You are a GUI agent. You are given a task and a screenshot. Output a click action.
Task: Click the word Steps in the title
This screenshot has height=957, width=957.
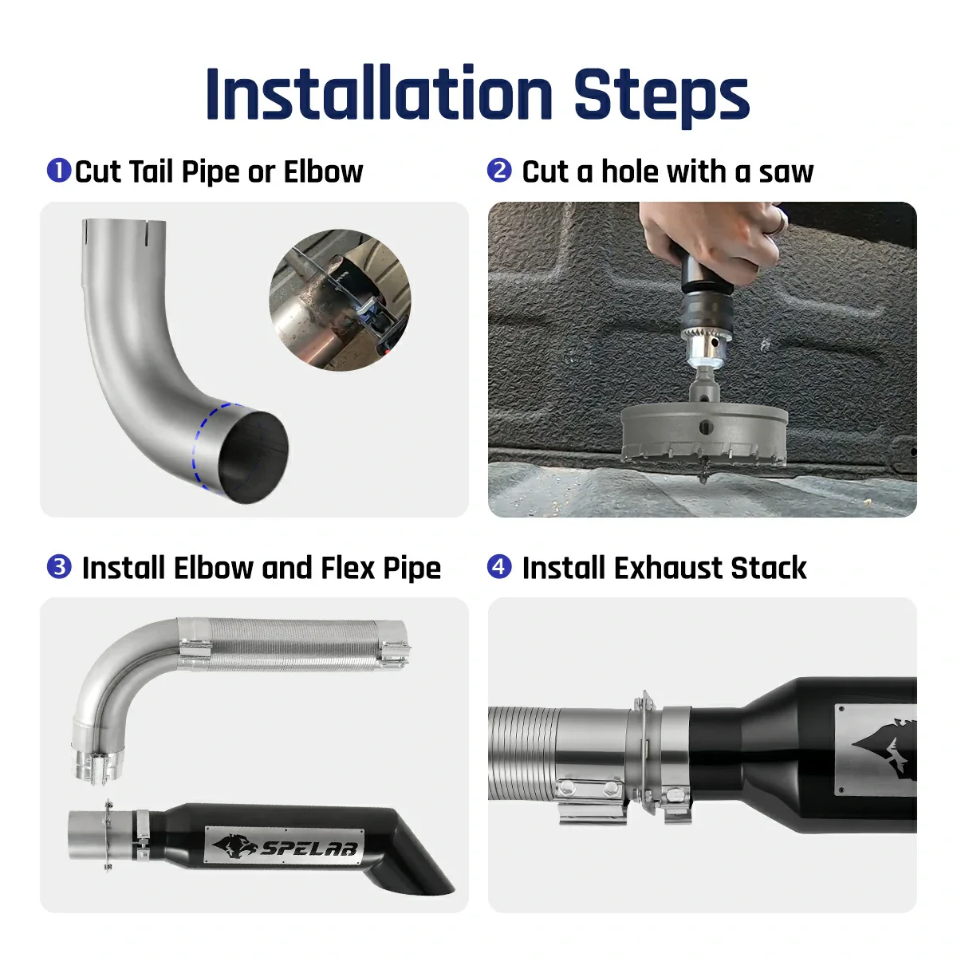click(661, 94)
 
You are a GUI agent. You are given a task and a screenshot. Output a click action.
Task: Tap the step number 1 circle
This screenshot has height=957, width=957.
click(59, 171)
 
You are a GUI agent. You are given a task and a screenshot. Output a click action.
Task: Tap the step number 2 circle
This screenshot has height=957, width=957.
click(499, 171)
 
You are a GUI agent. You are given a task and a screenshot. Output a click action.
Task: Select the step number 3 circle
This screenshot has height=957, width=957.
click(59, 567)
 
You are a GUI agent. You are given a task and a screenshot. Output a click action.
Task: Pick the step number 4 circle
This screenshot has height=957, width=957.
click(499, 567)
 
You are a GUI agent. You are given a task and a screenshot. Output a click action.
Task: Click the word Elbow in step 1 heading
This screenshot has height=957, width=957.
click(323, 171)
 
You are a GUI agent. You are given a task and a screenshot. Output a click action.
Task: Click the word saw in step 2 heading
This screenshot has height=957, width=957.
click(786, 171)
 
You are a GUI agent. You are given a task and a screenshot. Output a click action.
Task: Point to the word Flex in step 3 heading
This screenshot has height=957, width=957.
click(348, 568)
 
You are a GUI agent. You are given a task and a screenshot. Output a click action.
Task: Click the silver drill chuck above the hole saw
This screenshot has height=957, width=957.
click(702, 343)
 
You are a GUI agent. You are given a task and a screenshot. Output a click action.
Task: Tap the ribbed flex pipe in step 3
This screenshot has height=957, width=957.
click(295, 646)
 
